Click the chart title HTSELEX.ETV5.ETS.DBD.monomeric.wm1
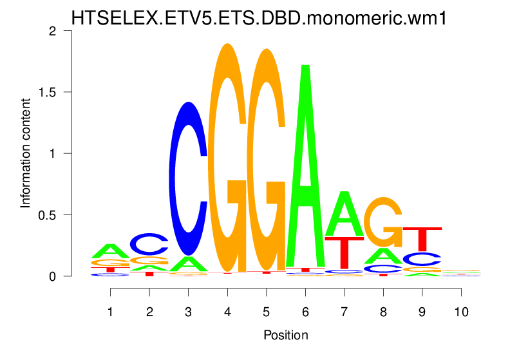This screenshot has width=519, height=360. pos(259,18)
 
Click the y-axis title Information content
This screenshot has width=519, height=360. pos(26,153)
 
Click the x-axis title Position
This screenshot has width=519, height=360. pos(285,335)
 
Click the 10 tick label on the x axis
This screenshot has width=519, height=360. pos(460,311)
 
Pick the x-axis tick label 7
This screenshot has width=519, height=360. pos(344,311)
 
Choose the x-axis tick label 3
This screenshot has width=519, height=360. pos(188,311)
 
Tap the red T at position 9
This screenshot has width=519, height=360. pos(422,238)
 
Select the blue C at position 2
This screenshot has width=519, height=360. pos(149,243)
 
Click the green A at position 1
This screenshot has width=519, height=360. pos(111,251)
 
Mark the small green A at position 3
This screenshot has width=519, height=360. pos(188,263)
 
